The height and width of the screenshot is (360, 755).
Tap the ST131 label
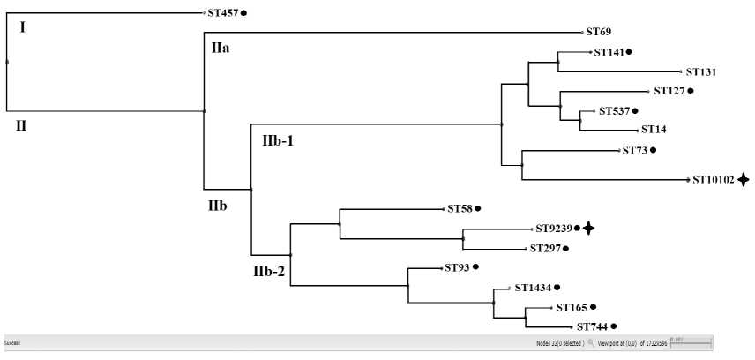[704, 72]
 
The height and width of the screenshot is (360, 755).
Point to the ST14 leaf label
[654, 130]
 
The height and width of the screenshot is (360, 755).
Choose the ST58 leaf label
[460, 209]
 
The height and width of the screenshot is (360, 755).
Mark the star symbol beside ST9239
[588, 229]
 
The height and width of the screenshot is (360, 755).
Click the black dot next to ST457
[244, 13]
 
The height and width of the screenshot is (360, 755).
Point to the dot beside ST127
[691, 91]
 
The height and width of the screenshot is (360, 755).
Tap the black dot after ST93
[475, 267]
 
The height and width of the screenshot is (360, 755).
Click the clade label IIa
[221, 47]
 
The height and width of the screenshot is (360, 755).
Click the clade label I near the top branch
[22, 27]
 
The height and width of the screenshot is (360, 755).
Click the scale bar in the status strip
[690, 341]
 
